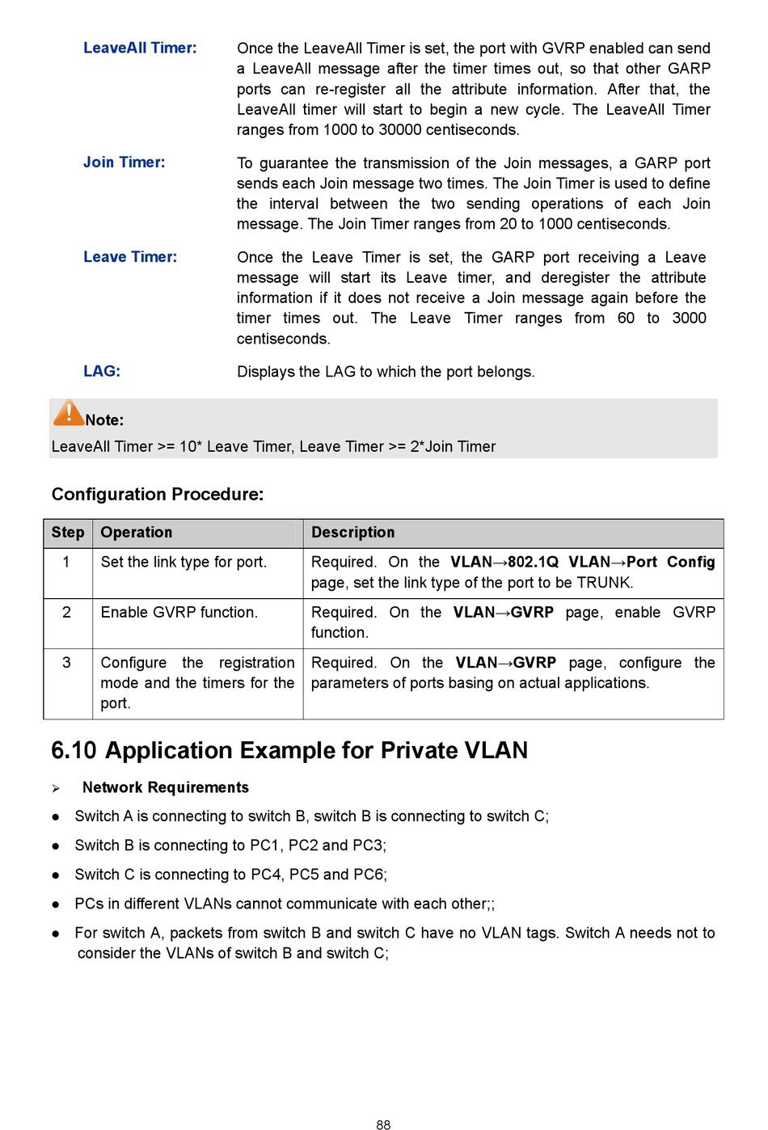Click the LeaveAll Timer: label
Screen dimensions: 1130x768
point(140,48)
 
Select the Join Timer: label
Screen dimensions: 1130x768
point(124,162)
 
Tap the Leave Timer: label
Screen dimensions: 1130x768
point(130,257)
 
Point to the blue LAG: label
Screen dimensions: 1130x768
point(102,371)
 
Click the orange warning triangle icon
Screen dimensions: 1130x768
point(69,413)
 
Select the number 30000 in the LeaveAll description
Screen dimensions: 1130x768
point(395,130)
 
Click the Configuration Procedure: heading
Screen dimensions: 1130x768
point(158,494)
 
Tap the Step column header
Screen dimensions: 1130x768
point(68,533)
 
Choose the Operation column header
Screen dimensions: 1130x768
point(137,533)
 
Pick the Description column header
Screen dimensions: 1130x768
point(353,533)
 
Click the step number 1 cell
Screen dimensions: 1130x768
point(66,562)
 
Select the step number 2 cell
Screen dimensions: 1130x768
point(66,613)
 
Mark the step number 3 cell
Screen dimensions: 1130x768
point(66,663)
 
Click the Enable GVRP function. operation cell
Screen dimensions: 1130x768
point(179,613)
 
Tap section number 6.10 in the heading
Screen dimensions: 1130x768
point(74,751)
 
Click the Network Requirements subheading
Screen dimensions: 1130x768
point(166,787)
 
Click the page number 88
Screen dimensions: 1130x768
point(383,1124)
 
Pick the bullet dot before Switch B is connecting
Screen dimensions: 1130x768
point(56,846)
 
